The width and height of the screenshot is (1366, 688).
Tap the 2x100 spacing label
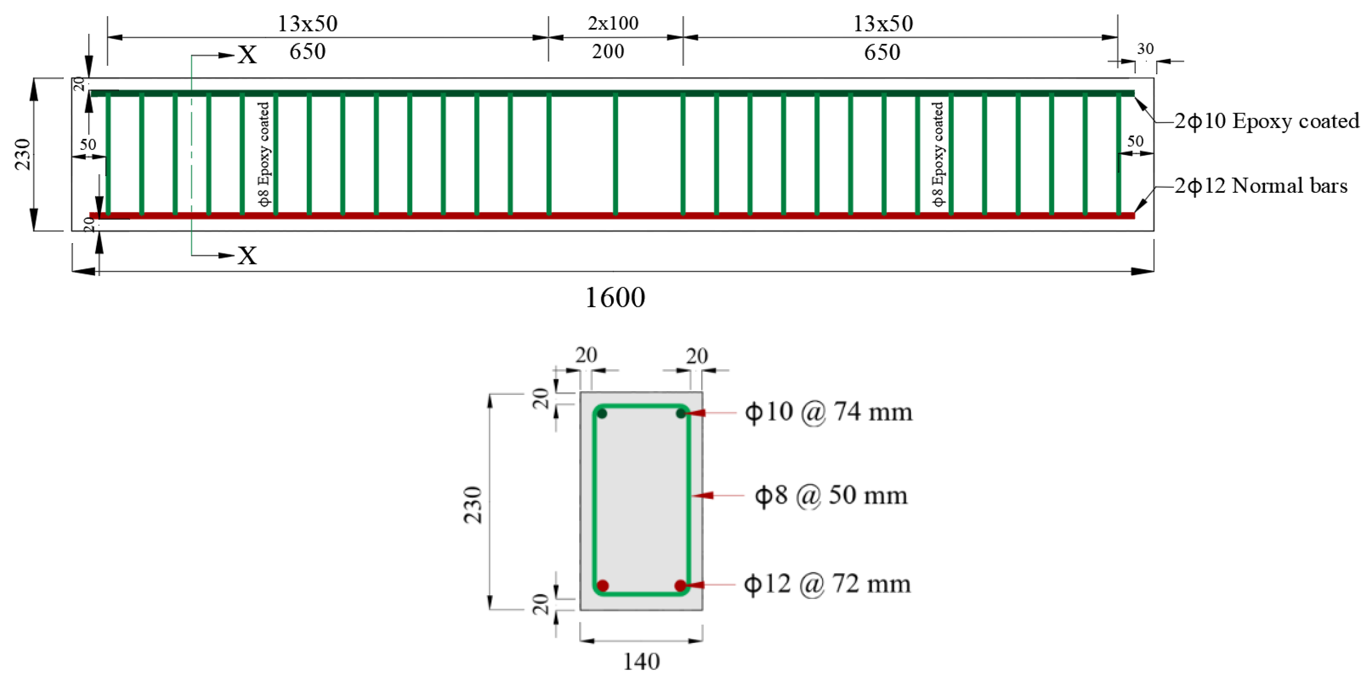click(613, 23)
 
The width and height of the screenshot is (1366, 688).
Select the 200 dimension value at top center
click(608, 52)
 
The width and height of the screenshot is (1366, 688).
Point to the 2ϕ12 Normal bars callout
click(1261, 186)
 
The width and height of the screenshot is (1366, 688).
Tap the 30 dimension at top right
click(1145, 49)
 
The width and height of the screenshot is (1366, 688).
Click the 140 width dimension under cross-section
click(641, 662)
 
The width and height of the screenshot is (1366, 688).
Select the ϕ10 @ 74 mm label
click(828, 412)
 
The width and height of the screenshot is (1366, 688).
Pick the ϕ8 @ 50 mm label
click(831, 496)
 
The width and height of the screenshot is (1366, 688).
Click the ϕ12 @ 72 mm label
click(827, 584)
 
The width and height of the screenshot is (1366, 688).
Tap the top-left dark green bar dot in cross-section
click(602, 413)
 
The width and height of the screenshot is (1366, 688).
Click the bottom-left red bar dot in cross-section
click(603, 586)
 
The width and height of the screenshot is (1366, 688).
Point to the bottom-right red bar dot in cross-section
click(681, 586)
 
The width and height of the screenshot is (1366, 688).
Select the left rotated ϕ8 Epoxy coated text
click(263, 154)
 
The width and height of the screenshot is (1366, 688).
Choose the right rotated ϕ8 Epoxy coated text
click(938, 154)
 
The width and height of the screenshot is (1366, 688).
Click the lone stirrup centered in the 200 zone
click(615, 154)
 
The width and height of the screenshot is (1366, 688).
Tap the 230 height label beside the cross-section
click(472, 505)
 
